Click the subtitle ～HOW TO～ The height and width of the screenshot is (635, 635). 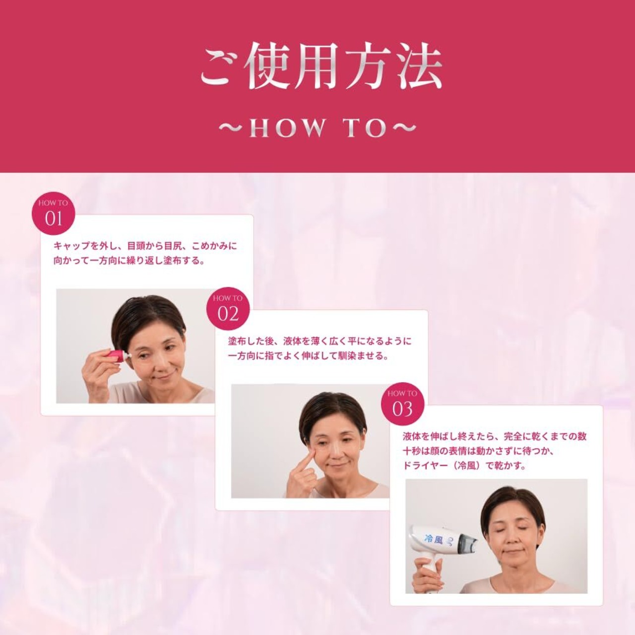317,128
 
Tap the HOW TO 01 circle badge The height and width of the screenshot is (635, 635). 54,213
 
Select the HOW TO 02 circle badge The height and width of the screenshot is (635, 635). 228,309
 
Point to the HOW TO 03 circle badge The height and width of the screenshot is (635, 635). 403,404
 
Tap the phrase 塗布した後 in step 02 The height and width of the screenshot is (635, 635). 251,341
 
